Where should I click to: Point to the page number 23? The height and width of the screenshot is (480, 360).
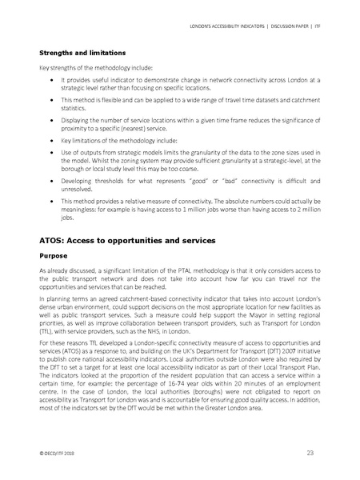(310, 454)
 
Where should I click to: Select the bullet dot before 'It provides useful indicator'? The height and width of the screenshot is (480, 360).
(52, 80)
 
